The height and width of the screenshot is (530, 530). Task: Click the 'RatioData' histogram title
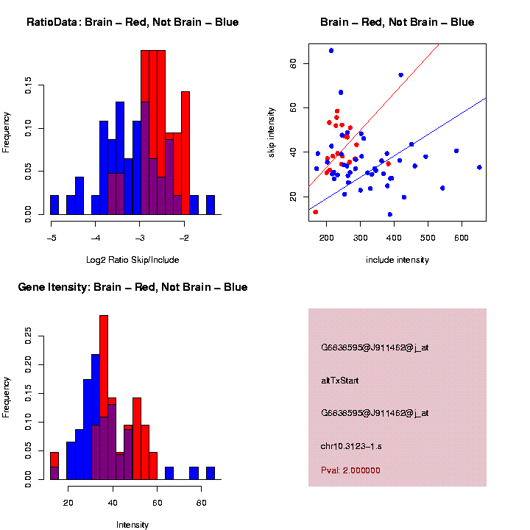coord(132,22)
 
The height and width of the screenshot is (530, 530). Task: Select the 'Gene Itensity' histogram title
coord(132,286)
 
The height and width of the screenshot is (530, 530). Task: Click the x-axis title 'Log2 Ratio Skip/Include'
coord(132,259)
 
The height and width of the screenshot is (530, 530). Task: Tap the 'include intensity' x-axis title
coord(397,259)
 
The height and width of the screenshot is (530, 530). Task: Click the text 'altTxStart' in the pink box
coord(339,381)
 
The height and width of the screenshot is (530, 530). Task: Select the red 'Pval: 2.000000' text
coord(350,470)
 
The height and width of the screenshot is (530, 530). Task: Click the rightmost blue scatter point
coord(479,167)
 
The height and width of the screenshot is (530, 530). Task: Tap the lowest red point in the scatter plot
coord(316,212)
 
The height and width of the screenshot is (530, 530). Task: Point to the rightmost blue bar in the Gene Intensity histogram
coord(211,473)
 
